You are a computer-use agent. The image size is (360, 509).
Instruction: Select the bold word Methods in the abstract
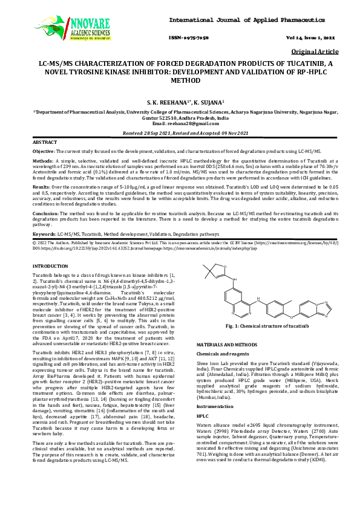42,161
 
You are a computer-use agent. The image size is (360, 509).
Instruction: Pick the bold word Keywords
43,233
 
